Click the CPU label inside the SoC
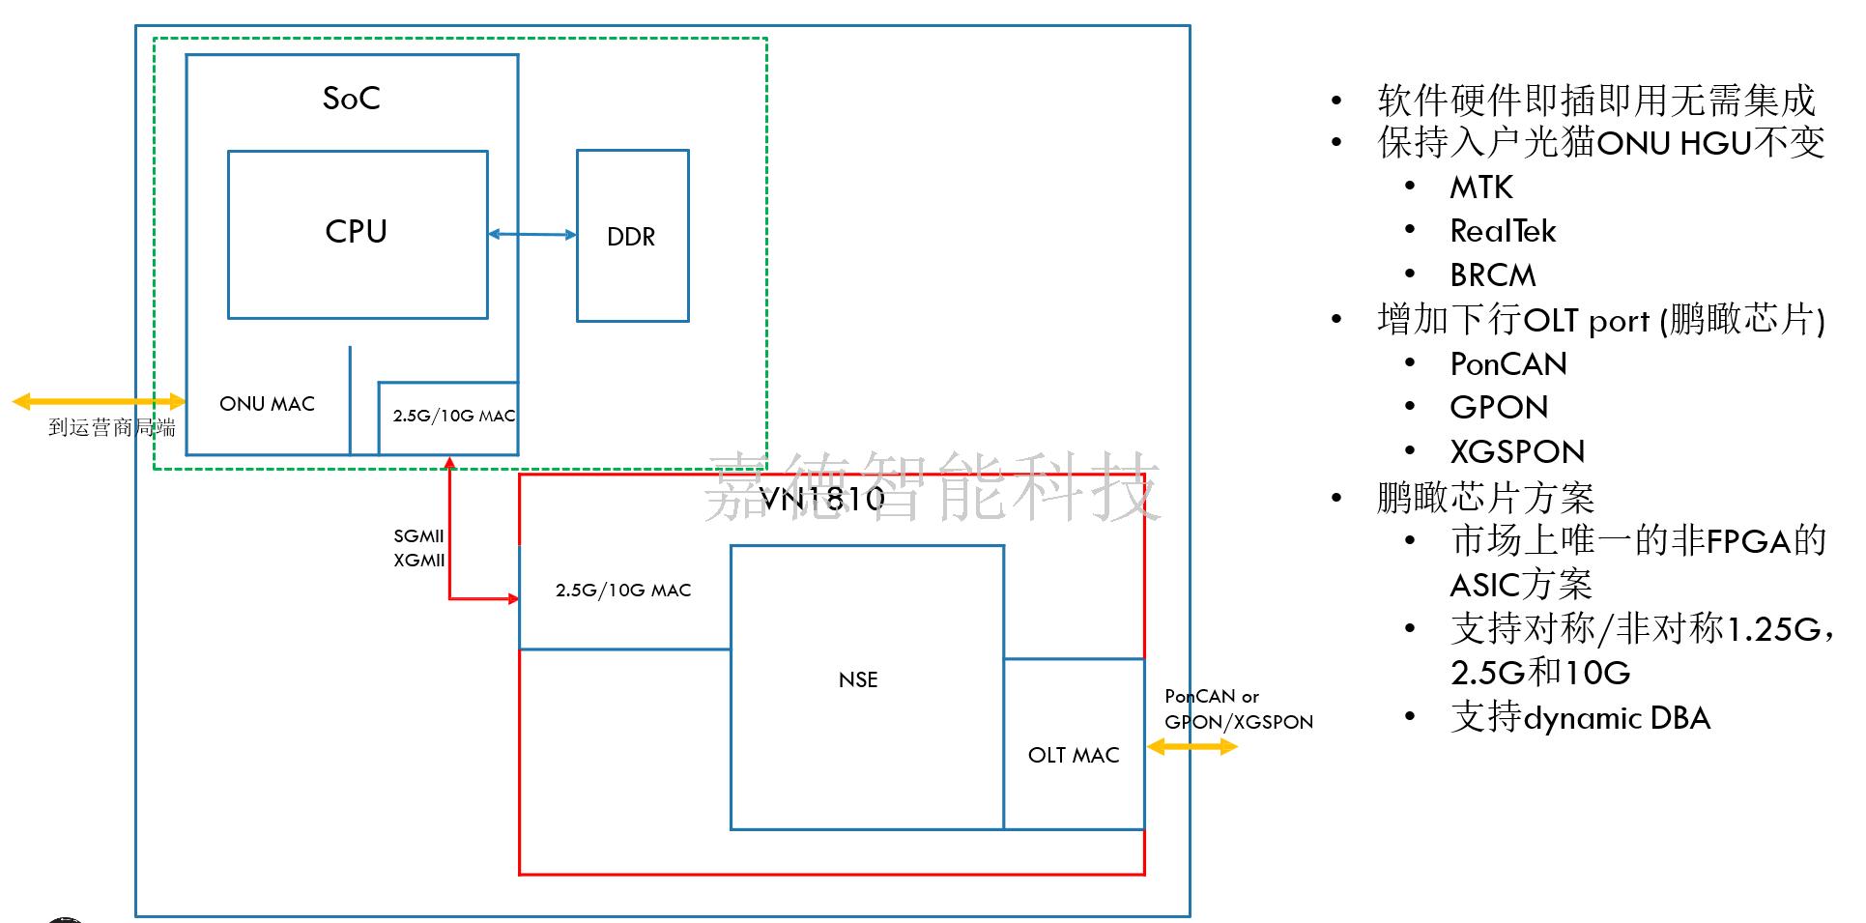[356, 232]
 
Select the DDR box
[632, 236]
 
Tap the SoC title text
[351, 99]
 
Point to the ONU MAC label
[267, 404]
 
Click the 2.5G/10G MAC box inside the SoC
[448, 417]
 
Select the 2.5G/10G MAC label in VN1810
[623, 591]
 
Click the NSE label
[858, 679]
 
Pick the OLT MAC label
[1074, 755]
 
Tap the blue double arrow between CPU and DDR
[531, 234]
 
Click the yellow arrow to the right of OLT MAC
[1191, 746]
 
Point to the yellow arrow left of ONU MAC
[98, 401]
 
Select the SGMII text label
[418, 536]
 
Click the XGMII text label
[419, 561]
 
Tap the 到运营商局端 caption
[112, 427]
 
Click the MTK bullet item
[1480, 187]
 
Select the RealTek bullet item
[1503, 232]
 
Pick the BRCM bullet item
[1492, 275]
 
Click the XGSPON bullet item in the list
[1517, 452]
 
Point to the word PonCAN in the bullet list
[1507, 364]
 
